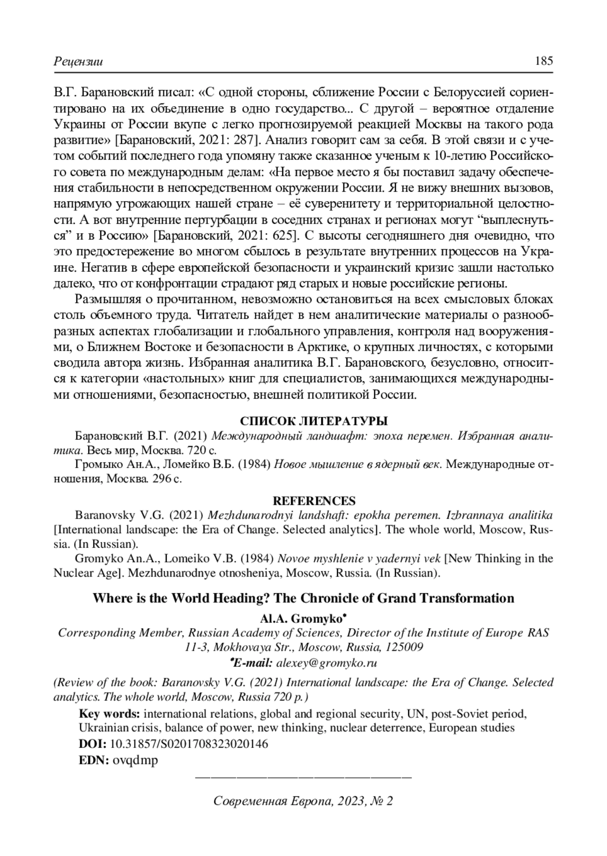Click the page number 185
click(x=544, y=61)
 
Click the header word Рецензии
click(x=78, y=62)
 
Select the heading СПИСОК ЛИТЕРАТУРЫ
click(x=314, y=421)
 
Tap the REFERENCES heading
click(x=314, y=501)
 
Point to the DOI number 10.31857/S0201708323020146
click(x=189, y=744)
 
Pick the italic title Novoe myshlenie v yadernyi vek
click(x=359, y=558)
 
